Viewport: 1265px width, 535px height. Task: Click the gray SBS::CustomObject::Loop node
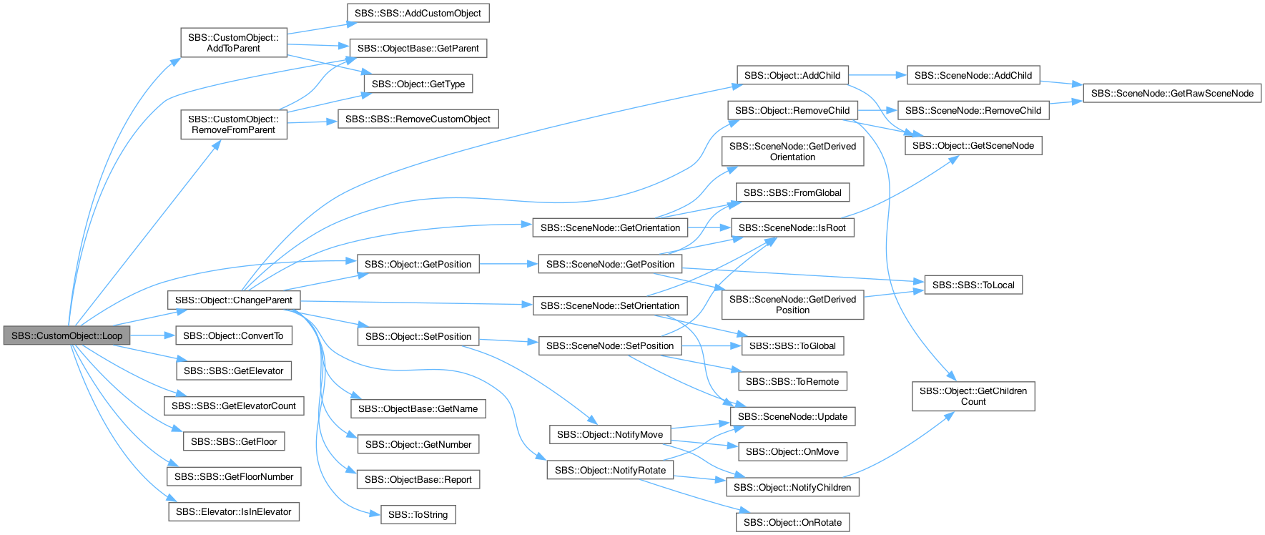[x=67, y=335]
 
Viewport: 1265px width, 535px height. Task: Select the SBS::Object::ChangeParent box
[x=234, y=300]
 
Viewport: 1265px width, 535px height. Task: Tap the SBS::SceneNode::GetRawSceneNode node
[x=1172, y=93]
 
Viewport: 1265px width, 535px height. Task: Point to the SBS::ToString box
[x=418, y=514]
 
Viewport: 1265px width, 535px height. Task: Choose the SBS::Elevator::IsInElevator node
[x=234, y=511]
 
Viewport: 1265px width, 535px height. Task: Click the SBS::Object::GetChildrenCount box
[x=973, y=396]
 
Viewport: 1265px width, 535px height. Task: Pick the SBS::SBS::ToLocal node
[x=973, y=285]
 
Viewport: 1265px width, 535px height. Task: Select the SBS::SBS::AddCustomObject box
[x=418, y=13]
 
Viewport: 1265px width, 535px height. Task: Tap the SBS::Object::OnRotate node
[x=792, y=522]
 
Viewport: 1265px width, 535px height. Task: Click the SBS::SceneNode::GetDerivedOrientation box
[x=792, y=151]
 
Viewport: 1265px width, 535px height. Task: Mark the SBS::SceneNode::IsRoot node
[x=792, y=227]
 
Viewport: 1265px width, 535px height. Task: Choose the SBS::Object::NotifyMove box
[x=610, y=434]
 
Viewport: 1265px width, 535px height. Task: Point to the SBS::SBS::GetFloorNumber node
[x=234, y=476]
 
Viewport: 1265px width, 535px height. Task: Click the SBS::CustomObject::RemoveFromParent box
[x=234, y=124]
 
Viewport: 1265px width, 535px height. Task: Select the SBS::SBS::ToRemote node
[x=792, y=381]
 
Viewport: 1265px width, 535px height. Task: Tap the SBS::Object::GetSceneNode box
[x=973, y=145]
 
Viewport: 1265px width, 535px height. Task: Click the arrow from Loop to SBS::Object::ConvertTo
[x=153, y=335]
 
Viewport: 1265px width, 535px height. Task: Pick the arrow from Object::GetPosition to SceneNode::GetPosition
[x=508, y=264]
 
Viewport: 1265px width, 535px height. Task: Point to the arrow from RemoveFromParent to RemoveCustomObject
[x=312, y=122]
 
